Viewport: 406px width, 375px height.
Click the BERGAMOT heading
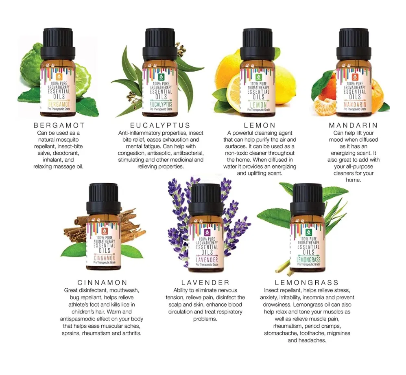(59, 125)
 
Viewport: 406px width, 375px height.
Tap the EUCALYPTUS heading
(160, 125)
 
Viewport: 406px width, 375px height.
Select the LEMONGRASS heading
(307, 283)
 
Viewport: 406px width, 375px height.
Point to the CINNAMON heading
(103, 283)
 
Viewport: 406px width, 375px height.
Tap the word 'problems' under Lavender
(205, 319)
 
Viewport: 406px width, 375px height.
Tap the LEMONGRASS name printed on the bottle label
(308, 259)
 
